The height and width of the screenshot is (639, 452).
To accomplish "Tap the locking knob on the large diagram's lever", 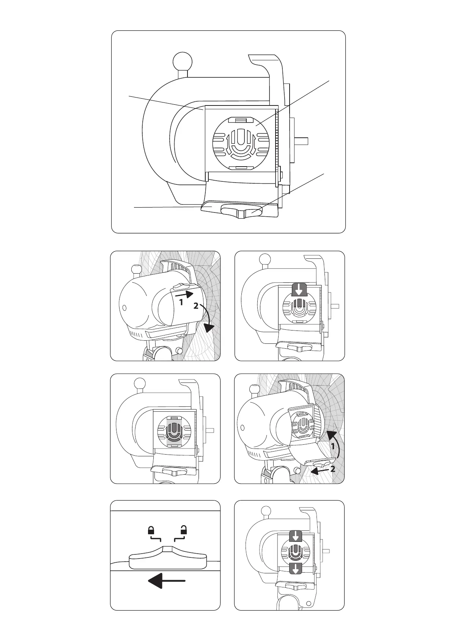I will (x=242, y=211).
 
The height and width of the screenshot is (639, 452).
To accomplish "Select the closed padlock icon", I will (x=151, y=530).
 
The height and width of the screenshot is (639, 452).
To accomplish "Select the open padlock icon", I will (x=184, y=530).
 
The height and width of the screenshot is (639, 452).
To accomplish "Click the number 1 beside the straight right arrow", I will (x=181, y=302).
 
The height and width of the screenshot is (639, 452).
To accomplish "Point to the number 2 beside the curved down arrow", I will (x=195, y=306).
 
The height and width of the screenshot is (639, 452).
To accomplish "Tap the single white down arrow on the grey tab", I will (x=299, y=291).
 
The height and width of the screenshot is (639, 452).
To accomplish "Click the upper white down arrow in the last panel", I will (x=296, y=537).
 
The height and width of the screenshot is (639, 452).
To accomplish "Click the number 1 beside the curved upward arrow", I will (x=333, y=447).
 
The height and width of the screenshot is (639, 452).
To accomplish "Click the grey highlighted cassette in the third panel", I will (x=175, y=430).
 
